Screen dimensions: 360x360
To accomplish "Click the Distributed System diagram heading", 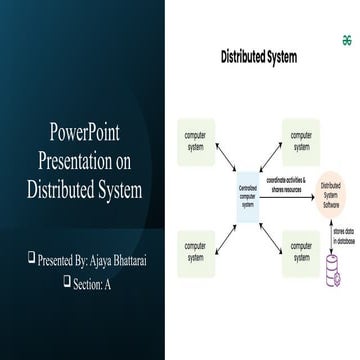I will [258, 57].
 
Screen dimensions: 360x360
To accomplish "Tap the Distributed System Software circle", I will [332, 193].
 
